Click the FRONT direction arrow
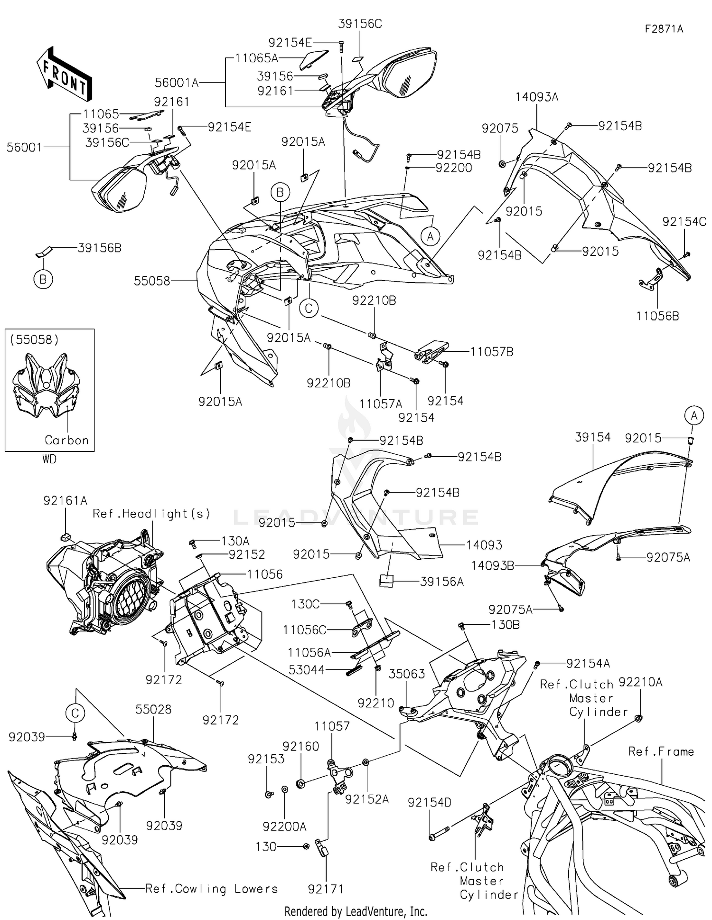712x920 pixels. (x=65, y=73)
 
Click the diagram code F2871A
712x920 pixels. (x=664, y=29)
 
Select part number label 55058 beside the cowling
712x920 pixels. (x=151, y=281)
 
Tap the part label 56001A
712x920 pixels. (x=177, y=83)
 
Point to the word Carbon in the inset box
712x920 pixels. (x=66, y=440)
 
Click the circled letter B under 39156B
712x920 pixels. (x=43, y=280)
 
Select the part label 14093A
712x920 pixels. (x=537, y=97)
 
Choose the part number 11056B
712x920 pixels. (x=657, y=316)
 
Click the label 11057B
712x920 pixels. (x=491, y=352)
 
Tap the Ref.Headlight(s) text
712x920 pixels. (x=151, y=514)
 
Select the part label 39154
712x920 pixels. (x=592, y=437)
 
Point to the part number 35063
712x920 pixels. (x=407, y=674)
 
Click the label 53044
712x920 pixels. (x=307, y=670)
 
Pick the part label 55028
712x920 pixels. (x=153, y=709)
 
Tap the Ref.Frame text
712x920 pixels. (x=661, y=751)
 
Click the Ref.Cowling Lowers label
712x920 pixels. (x=211, y=889)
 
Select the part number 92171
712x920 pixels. (x=326, y=889)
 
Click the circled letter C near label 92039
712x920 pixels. (x=75, y=713)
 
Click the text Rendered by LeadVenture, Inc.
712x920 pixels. (x=356, y=911)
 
